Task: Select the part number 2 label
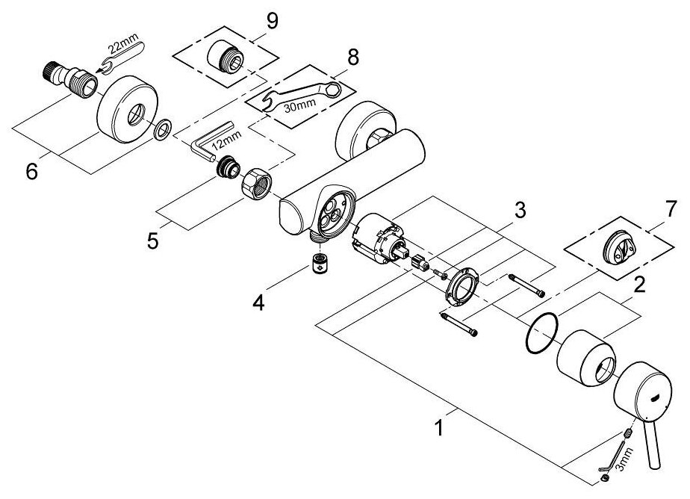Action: click(x=639, y=283)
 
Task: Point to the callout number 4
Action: click(x=258, y=303)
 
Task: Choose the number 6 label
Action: click(x=31, y=171)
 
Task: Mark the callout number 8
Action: click(x=352, y=57)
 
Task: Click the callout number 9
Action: click(x=272, y=21)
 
